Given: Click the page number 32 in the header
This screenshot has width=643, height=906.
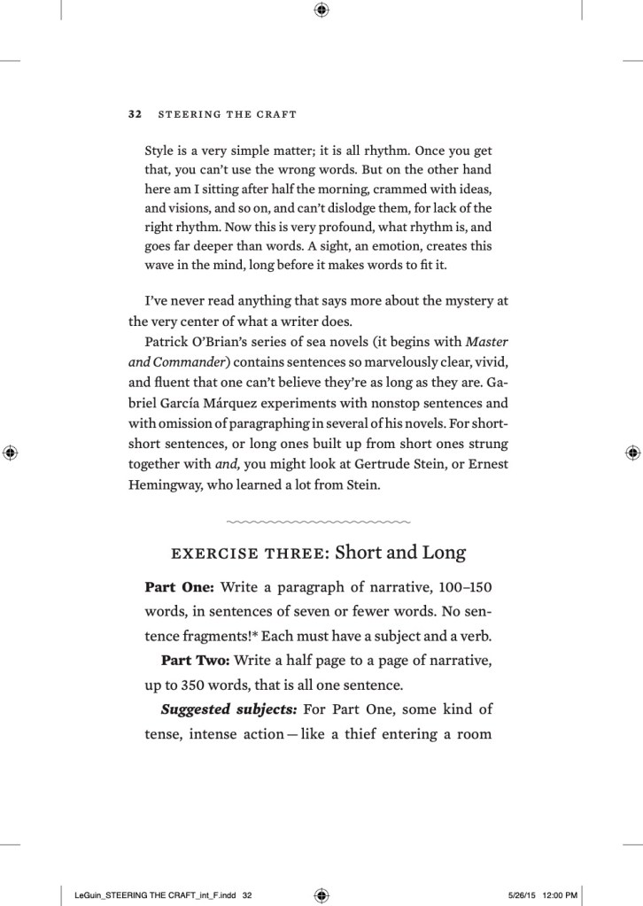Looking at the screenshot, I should (x=136, y=114).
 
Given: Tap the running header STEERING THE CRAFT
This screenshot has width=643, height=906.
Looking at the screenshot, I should (x=226, y=114).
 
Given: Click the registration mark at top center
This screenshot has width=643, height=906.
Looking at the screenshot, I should (x=321, y=11).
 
